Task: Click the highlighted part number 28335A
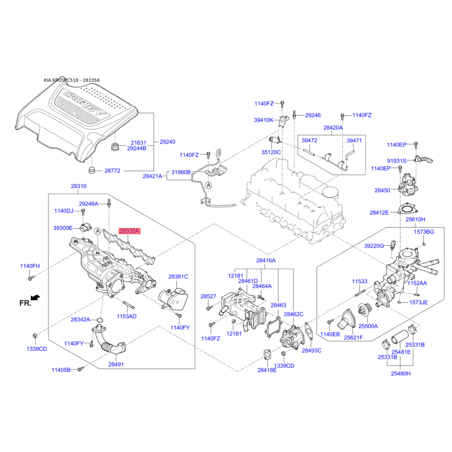129,231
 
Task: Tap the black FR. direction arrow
36,297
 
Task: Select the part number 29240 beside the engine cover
168,142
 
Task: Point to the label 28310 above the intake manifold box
79,186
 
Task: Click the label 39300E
63,228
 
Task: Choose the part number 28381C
178,276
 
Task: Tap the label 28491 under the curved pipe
116,364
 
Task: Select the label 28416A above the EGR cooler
266,260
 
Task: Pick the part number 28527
208,296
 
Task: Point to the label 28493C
311,350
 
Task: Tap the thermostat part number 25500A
368,326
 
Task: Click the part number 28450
382,191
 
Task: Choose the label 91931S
397,160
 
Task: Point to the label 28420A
333,128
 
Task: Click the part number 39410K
263,120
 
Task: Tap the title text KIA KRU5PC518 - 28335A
72,80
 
